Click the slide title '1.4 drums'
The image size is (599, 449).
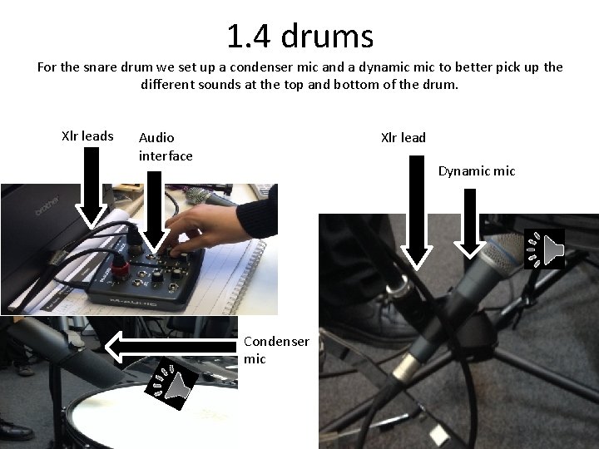pos(299,36)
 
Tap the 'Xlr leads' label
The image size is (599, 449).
pos(87,136)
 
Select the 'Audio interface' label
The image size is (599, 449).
pos(166,146)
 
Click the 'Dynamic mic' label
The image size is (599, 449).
pos(477,171)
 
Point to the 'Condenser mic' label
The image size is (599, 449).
pos(276,350)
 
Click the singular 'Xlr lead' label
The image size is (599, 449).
pos(403,137)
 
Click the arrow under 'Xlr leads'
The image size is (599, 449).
pos(91,188)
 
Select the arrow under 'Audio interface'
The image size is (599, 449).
pos(154,213)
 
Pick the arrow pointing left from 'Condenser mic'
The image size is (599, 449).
pos(171,347)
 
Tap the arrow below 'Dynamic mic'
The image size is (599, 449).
pos(470,224)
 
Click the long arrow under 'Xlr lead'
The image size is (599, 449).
pos(417,212)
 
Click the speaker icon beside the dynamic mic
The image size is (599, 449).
pos(544,249)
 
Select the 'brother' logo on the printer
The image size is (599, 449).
pos(47,205)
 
